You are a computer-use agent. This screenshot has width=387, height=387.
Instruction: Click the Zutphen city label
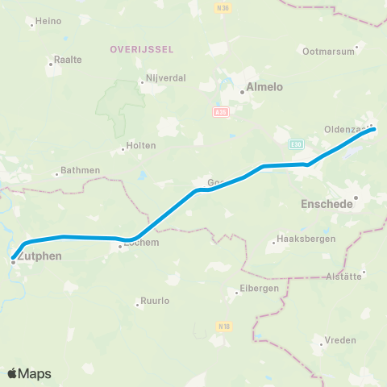tap(36, 256)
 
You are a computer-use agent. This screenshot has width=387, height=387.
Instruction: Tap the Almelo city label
tap(264, 88)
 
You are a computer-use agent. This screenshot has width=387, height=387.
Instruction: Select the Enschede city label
tap(327, 204)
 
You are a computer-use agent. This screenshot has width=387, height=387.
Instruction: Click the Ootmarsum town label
tap(328, 51)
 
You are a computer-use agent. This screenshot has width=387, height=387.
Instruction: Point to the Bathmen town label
tap(81, 170)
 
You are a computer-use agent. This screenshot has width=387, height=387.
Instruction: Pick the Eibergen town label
tap(259, 288)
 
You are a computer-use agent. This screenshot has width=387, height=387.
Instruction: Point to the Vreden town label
tap(340, 340)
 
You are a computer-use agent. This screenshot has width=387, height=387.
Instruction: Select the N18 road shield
tap(224, 326)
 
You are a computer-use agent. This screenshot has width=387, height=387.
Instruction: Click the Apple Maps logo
tap(29, 373)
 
